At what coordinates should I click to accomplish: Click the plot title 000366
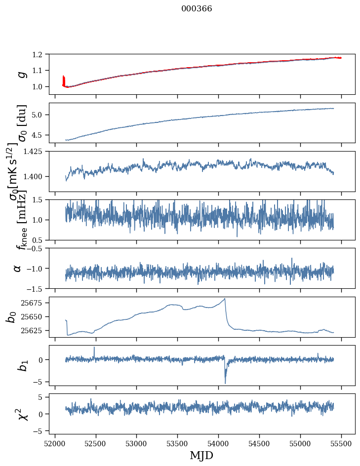point(197,9)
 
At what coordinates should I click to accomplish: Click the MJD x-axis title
point(201,455)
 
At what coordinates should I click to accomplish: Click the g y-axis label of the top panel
point(21,74)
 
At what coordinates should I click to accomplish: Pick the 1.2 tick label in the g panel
point(41,54)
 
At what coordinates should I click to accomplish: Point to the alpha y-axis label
point(18,268)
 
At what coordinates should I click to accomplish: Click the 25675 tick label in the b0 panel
point(35,303)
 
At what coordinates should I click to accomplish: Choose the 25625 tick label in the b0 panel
point(35,330)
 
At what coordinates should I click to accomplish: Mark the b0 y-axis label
point(11,316)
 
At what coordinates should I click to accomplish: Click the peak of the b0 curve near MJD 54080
point(225,299)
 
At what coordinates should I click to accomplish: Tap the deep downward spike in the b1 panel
point(225,383)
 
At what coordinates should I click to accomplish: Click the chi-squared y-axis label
point(20,414)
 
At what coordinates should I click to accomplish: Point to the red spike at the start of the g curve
point(64,79)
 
